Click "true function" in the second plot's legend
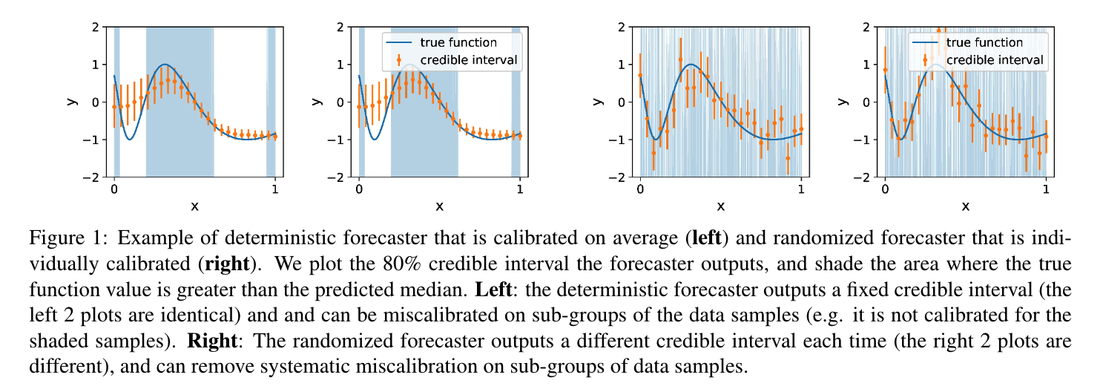pyautogui.click(x=458, y=42)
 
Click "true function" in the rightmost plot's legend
pyautogui.click(x=984, y=42)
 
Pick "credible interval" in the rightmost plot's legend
pyautogui.click(x=995, y=59)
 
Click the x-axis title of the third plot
pyautogui.click(x=720, y=206)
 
